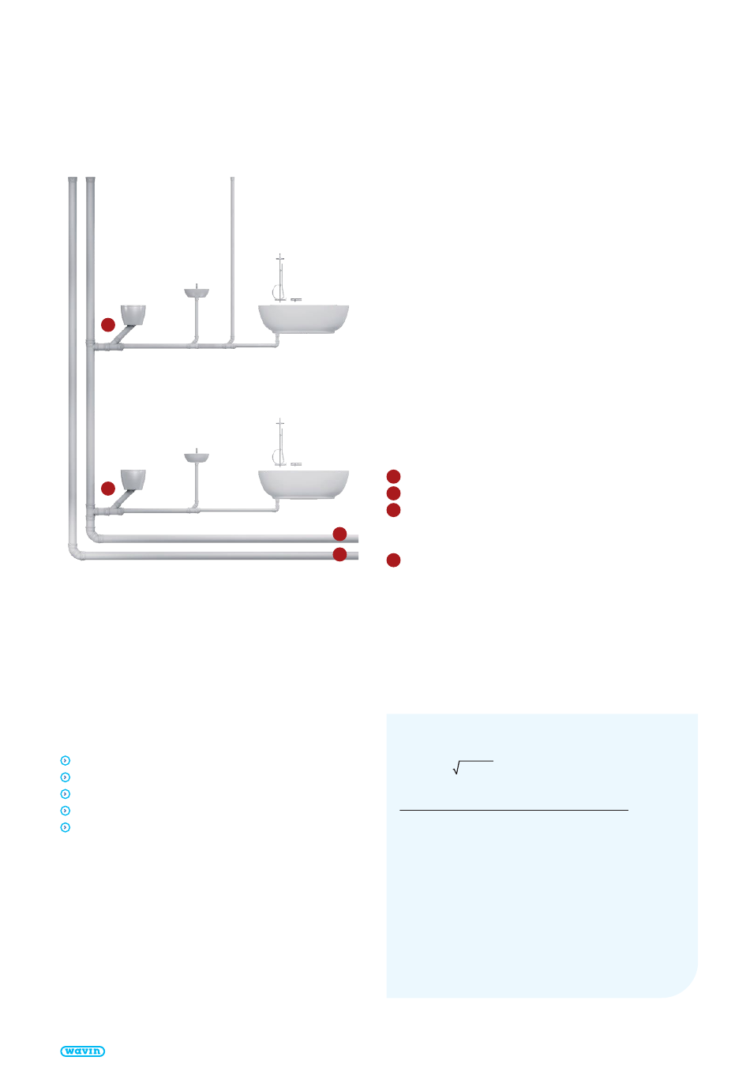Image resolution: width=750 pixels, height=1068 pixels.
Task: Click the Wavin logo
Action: pos(82,1051)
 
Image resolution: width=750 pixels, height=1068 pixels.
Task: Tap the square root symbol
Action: pos(473,767)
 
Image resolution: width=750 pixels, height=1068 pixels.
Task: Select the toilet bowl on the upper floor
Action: pos(133,315)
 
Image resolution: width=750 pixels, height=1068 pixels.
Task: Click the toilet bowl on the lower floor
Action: pos(133,480)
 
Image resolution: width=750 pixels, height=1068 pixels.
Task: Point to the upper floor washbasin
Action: pos(197,292)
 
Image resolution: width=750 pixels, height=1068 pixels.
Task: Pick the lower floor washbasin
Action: pos(197,457)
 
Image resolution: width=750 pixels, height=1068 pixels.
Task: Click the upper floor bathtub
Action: pos(303,318)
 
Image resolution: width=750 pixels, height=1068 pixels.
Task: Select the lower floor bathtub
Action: pos(303,484)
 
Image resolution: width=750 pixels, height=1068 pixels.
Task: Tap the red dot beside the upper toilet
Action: pos(108,324)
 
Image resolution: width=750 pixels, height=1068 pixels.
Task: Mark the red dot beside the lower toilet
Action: pos(108,489)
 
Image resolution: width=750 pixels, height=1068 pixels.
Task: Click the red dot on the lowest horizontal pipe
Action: pos(339,554)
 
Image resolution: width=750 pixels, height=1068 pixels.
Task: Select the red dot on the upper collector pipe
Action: pos(339,534)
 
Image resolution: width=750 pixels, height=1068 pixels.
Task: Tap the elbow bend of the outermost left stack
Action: pos(75,553)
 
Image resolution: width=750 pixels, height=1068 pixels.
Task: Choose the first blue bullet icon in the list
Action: pos(66,760)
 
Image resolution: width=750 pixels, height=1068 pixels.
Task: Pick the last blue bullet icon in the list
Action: pos(66,827)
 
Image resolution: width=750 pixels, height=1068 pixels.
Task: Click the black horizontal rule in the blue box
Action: pos(514,810)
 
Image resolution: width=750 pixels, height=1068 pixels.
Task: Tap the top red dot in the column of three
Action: pos(393,476)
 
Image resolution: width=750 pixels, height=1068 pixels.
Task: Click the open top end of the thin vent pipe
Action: pos(232,178)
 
